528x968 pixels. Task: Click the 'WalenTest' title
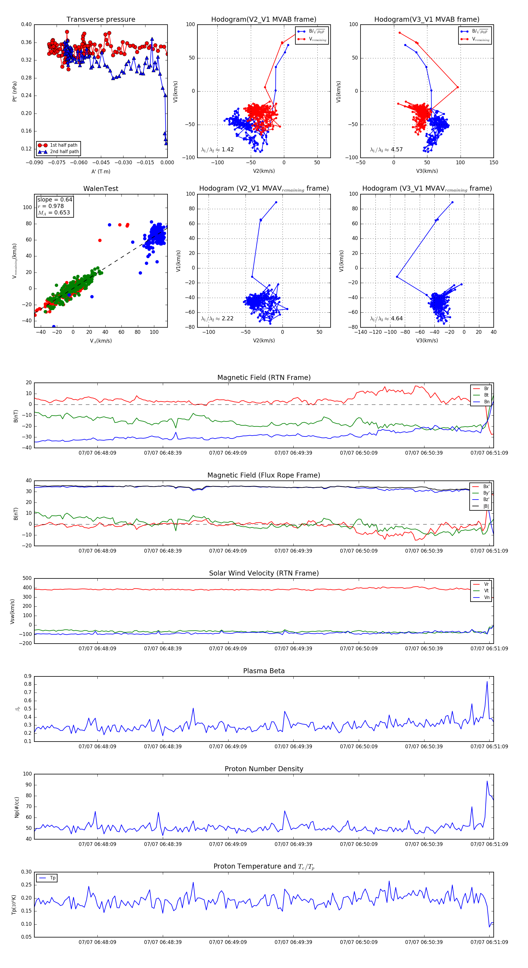click(x=101, y=189)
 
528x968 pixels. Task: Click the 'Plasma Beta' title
click(x=264, y=671)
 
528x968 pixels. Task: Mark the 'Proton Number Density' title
click(x=264, y=769)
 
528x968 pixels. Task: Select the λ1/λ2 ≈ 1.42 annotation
click(x=218, y=150)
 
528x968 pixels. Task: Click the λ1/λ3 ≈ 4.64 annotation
click(x=386, y=319)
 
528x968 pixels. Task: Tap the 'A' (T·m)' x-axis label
click(x=101, y=172)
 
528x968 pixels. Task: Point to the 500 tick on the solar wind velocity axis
click(x=27, y=578)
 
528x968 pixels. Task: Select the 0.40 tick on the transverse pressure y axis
click(x=26, y=24)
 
